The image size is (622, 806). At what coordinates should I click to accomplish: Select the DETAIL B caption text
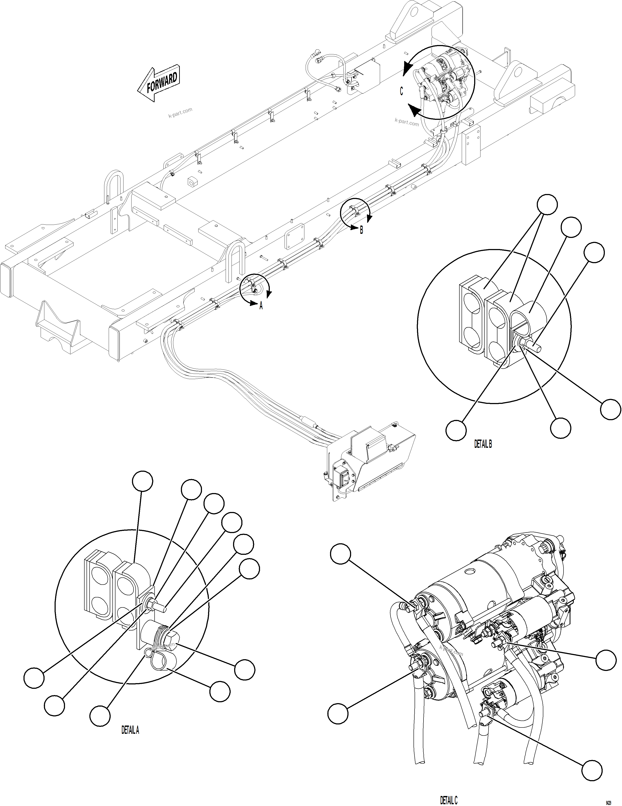point(483,444)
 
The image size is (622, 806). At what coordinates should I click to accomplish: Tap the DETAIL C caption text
point(449,800)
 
